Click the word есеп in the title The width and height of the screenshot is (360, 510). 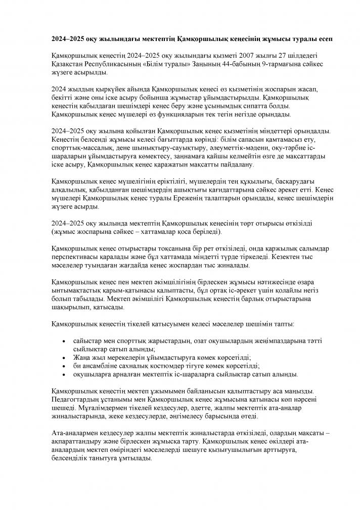pos(295,39)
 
